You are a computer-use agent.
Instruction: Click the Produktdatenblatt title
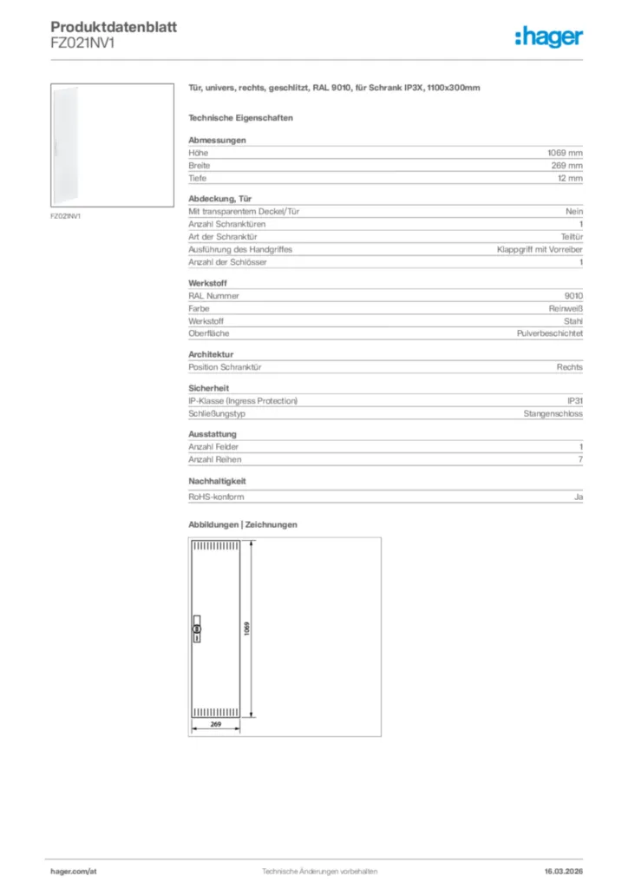coord(114,28)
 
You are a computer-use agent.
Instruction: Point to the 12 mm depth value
coord(570,177)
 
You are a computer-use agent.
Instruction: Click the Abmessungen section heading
coord(217,140)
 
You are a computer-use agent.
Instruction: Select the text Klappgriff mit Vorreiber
coord(540,249)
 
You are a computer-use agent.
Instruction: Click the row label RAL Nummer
coord(213,296)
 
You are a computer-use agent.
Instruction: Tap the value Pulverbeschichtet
coord(550,333)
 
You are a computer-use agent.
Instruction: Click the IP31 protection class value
coord(574,401)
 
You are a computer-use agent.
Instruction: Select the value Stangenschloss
coord(553,413)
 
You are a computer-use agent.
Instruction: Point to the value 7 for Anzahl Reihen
coord(580,459)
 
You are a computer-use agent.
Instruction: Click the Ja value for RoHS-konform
coord(579,497)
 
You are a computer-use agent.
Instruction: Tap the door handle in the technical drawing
coord(196,631)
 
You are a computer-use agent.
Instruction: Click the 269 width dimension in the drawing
coord(216,724)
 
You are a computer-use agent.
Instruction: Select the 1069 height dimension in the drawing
coord(247,629)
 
